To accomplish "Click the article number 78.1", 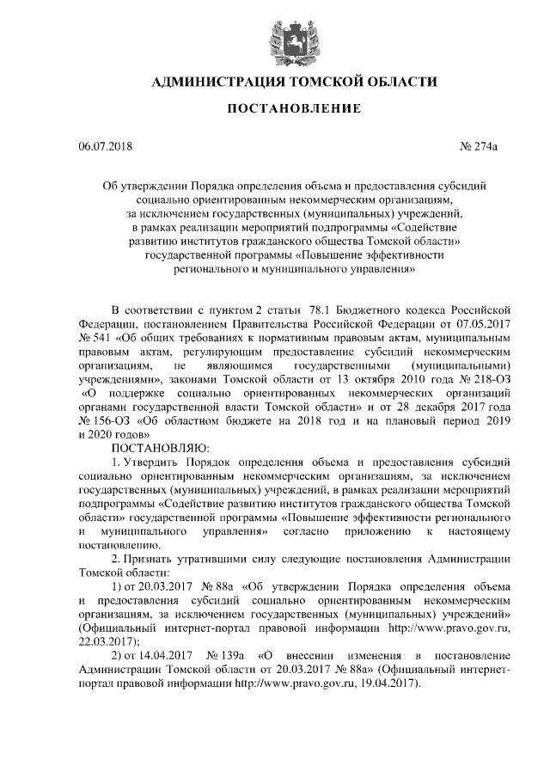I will click(312, 310).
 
